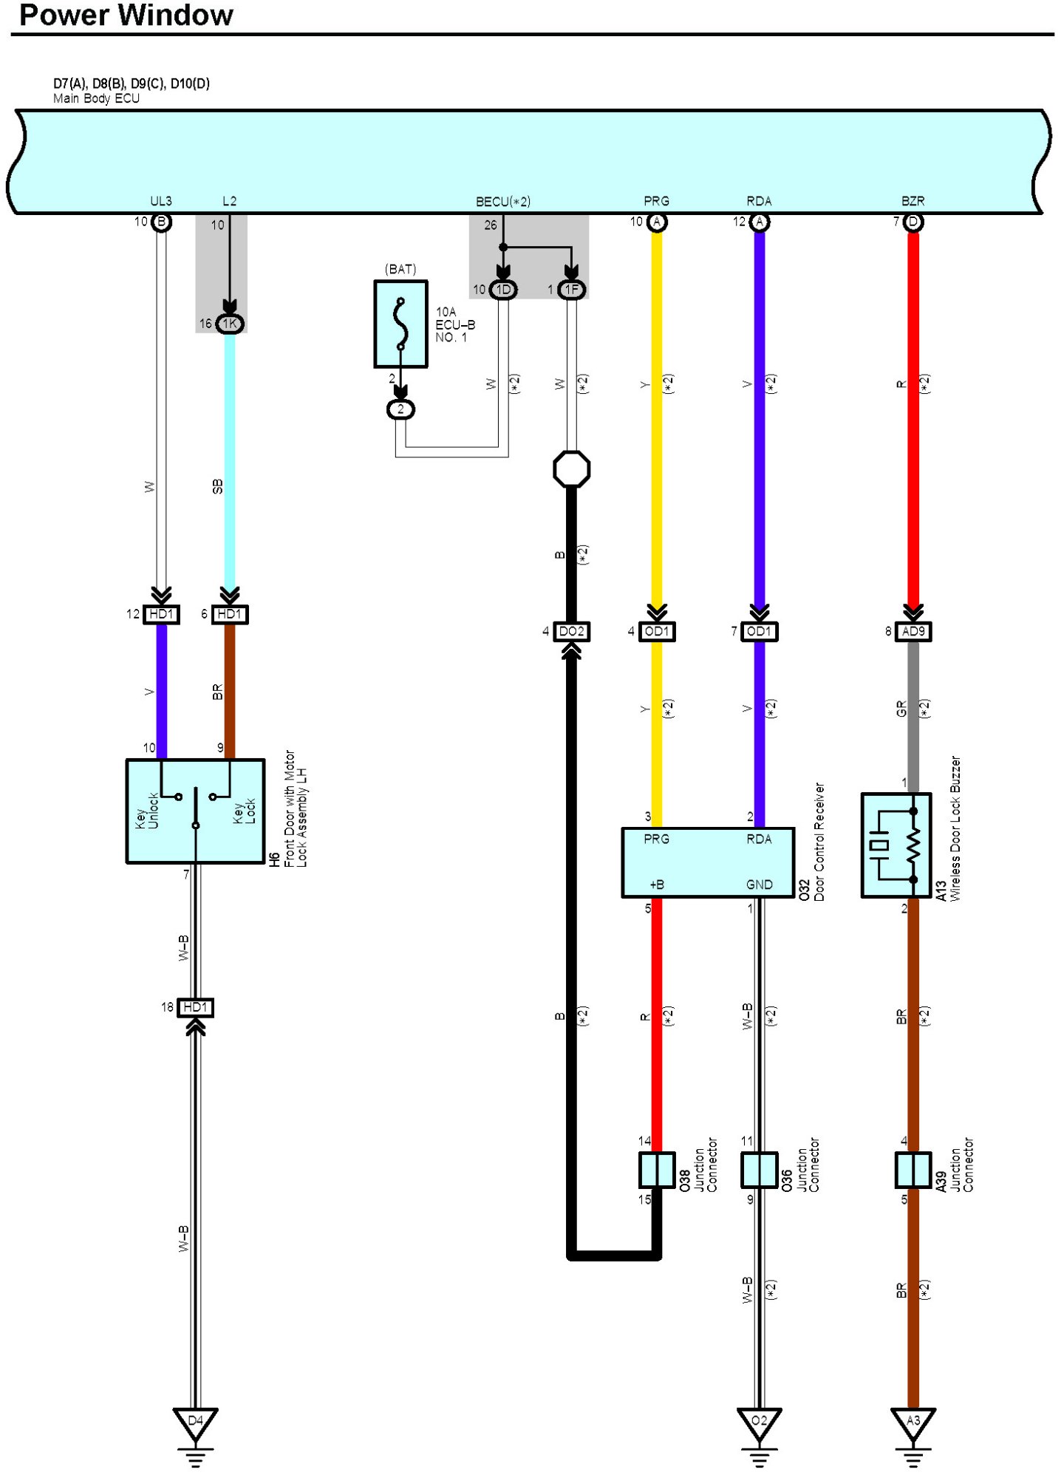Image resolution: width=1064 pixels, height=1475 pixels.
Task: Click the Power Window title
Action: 126,16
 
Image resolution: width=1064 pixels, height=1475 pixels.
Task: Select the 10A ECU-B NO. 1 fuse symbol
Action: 401,324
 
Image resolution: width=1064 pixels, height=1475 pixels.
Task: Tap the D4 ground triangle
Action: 195,1423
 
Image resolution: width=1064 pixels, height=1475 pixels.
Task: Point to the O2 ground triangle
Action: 759,1423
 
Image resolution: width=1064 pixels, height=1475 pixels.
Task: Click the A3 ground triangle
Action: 913,1423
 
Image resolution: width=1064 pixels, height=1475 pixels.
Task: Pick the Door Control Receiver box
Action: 708,862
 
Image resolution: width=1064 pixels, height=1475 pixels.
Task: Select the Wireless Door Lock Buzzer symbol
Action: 896,845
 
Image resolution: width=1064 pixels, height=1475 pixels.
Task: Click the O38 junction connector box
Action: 656,1170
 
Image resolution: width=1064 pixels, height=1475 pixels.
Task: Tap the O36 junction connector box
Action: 759,1170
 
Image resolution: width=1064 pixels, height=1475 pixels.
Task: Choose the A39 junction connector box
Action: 913,1170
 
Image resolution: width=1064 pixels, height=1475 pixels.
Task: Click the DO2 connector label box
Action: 571,631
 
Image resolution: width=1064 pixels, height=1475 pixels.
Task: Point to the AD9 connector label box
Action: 913,631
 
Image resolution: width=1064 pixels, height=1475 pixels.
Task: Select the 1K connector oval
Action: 230,324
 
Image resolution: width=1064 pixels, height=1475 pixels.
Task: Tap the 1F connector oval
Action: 571,290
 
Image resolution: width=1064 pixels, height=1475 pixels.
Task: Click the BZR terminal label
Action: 913,201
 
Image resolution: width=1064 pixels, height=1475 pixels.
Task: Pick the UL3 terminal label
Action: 161,201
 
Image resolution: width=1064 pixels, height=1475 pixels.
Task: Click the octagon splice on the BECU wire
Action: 571,469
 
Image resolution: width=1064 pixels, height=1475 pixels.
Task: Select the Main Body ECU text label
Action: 96,98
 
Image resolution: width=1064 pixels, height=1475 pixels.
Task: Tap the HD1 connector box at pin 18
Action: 195,1007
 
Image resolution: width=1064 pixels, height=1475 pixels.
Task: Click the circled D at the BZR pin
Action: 913,222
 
